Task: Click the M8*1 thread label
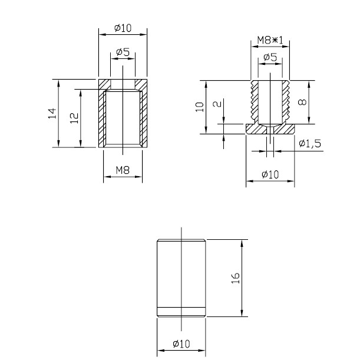click(270, 41)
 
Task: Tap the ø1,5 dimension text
click(310, 143)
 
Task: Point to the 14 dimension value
click(51, 113)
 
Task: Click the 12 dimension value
click(73, 117)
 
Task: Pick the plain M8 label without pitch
click(122, 170)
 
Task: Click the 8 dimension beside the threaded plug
click(302, 101)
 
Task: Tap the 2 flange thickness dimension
click(217, 105)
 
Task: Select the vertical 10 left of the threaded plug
click(200, 107)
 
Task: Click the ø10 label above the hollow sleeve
click(122, 28)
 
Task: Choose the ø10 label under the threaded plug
click(270, 174)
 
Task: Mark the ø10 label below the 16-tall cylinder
click(181, 344)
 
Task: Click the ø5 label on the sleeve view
click(123, 52)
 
